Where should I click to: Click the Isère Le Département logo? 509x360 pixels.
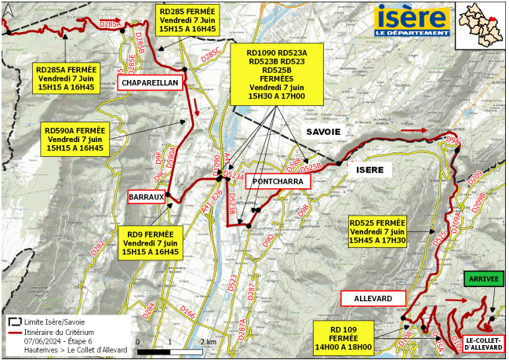(x=413, y=20)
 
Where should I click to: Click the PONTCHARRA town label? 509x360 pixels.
(x=278, y=182)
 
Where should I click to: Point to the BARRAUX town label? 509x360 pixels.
(x=147, y=198)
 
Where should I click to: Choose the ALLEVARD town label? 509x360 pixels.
(x=373, y=299)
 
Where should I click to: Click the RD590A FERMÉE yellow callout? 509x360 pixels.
(x=75, y=139)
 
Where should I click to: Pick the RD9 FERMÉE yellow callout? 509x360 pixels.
(x=149, y=243)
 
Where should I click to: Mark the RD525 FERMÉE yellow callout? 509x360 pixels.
(x=377, y=232)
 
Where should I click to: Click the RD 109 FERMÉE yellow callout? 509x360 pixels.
(x=344, y=336)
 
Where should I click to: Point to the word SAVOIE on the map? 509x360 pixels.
(x=323, y=133)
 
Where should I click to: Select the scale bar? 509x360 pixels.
(x=171, y=343)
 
